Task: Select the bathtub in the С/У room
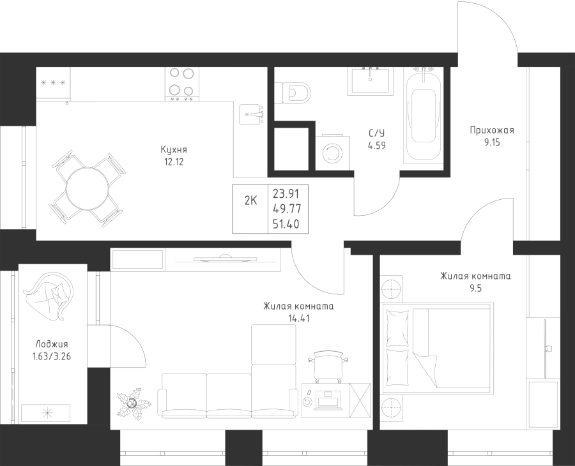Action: tap(424, 115)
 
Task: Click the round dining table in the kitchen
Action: tap(88, 188)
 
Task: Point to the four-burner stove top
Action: tap(182, 84)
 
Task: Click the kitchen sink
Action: tap(251, 114)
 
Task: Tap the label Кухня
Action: tap(174, 150)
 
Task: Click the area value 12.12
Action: tap(174, 162)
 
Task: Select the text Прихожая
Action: tap(492, 130)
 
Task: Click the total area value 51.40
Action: tap(286, 223)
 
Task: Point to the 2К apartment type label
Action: tap(251, 200)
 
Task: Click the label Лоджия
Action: tap(52, 344)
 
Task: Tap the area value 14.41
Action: tap(299, 319)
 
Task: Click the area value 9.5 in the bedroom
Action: tap(475, 289)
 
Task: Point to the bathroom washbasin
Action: tap(371, 80)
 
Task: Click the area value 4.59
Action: tap(376, 146)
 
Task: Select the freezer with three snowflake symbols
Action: tap(53, 83)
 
